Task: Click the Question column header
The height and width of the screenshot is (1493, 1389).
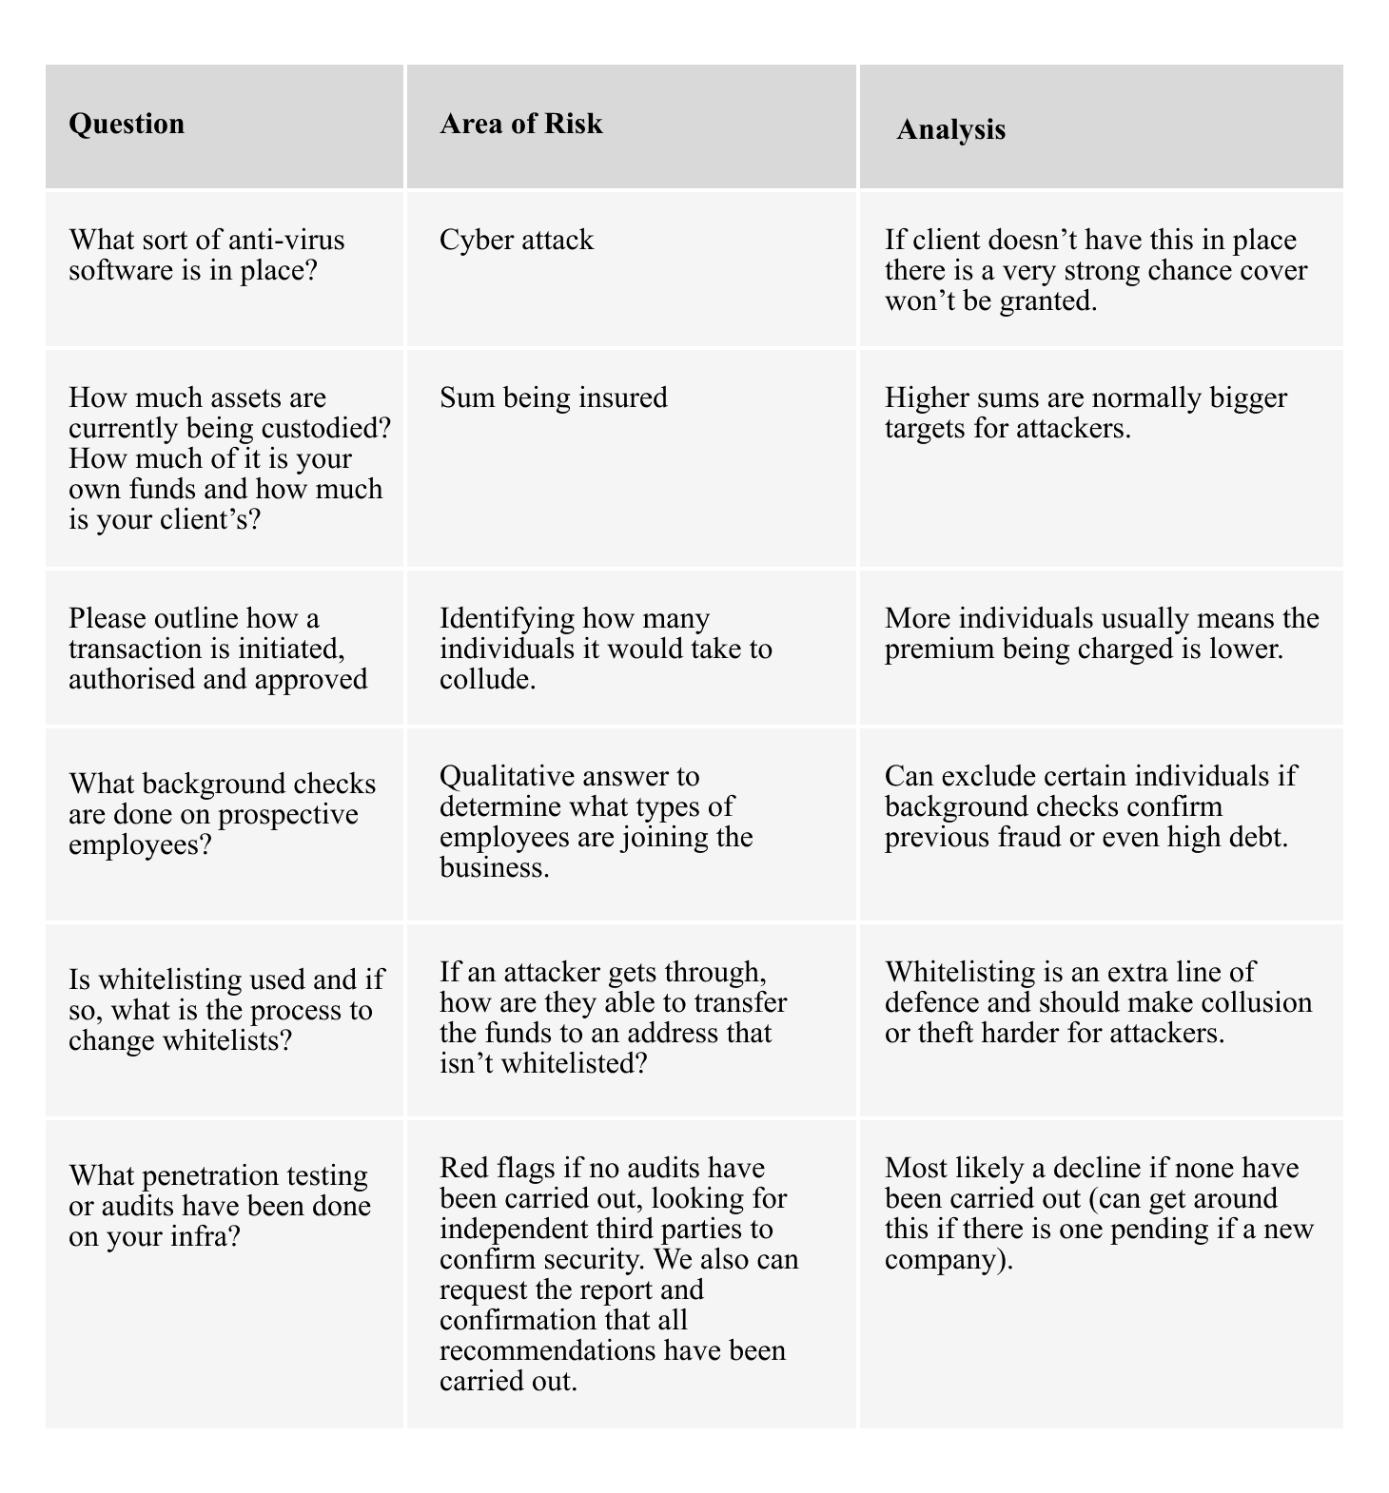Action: [127, 125]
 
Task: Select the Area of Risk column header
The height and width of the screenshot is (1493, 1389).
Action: [521, 124]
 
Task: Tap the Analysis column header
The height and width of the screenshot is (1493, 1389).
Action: [950, 129]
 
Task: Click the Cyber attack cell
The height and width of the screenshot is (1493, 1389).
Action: [517, 240]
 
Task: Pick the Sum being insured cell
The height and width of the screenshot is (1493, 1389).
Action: [554, 397]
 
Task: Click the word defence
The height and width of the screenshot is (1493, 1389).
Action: [933, 1003]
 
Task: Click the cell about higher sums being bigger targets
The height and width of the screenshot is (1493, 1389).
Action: [1086, 412]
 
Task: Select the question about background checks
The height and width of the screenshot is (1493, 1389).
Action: [223, 814]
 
